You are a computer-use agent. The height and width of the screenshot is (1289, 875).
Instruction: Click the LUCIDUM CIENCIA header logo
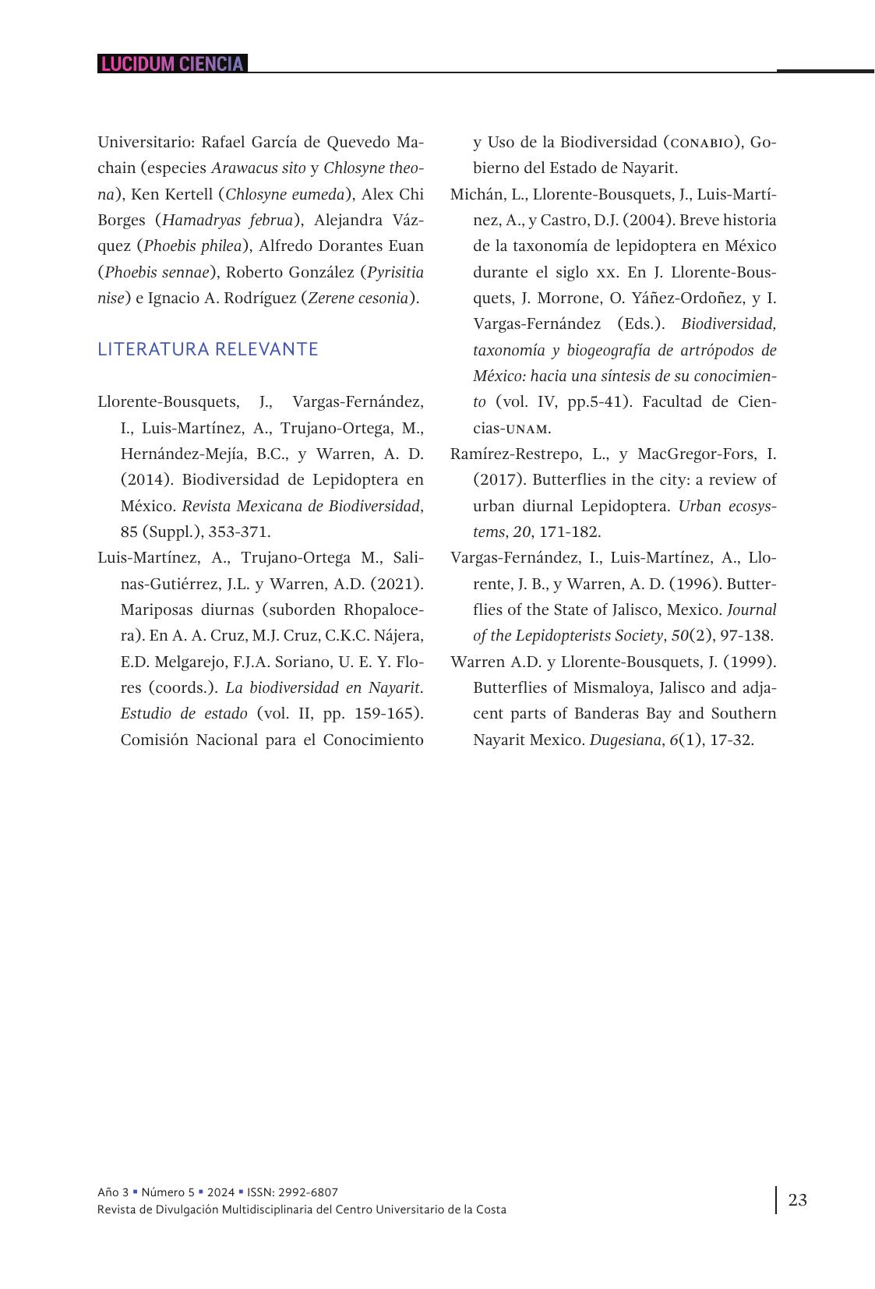(172, 64)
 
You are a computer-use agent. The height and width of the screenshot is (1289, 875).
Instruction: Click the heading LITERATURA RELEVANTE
(208, 349)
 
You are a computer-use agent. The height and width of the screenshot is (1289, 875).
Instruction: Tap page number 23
(798, 1200)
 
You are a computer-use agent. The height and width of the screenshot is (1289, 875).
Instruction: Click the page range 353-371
(239, 531)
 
